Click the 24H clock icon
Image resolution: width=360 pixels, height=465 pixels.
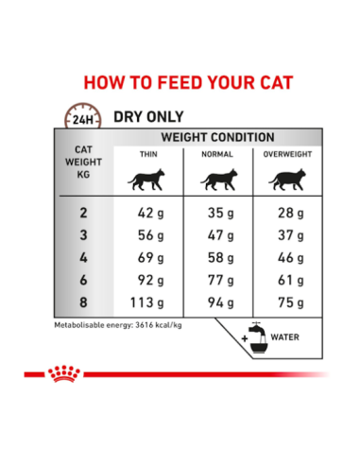82,118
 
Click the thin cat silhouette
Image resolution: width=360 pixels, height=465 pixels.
149,180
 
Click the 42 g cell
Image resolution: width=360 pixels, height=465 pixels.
149,214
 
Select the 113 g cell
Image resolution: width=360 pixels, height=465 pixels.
149,303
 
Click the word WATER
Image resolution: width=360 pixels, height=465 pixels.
287,336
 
